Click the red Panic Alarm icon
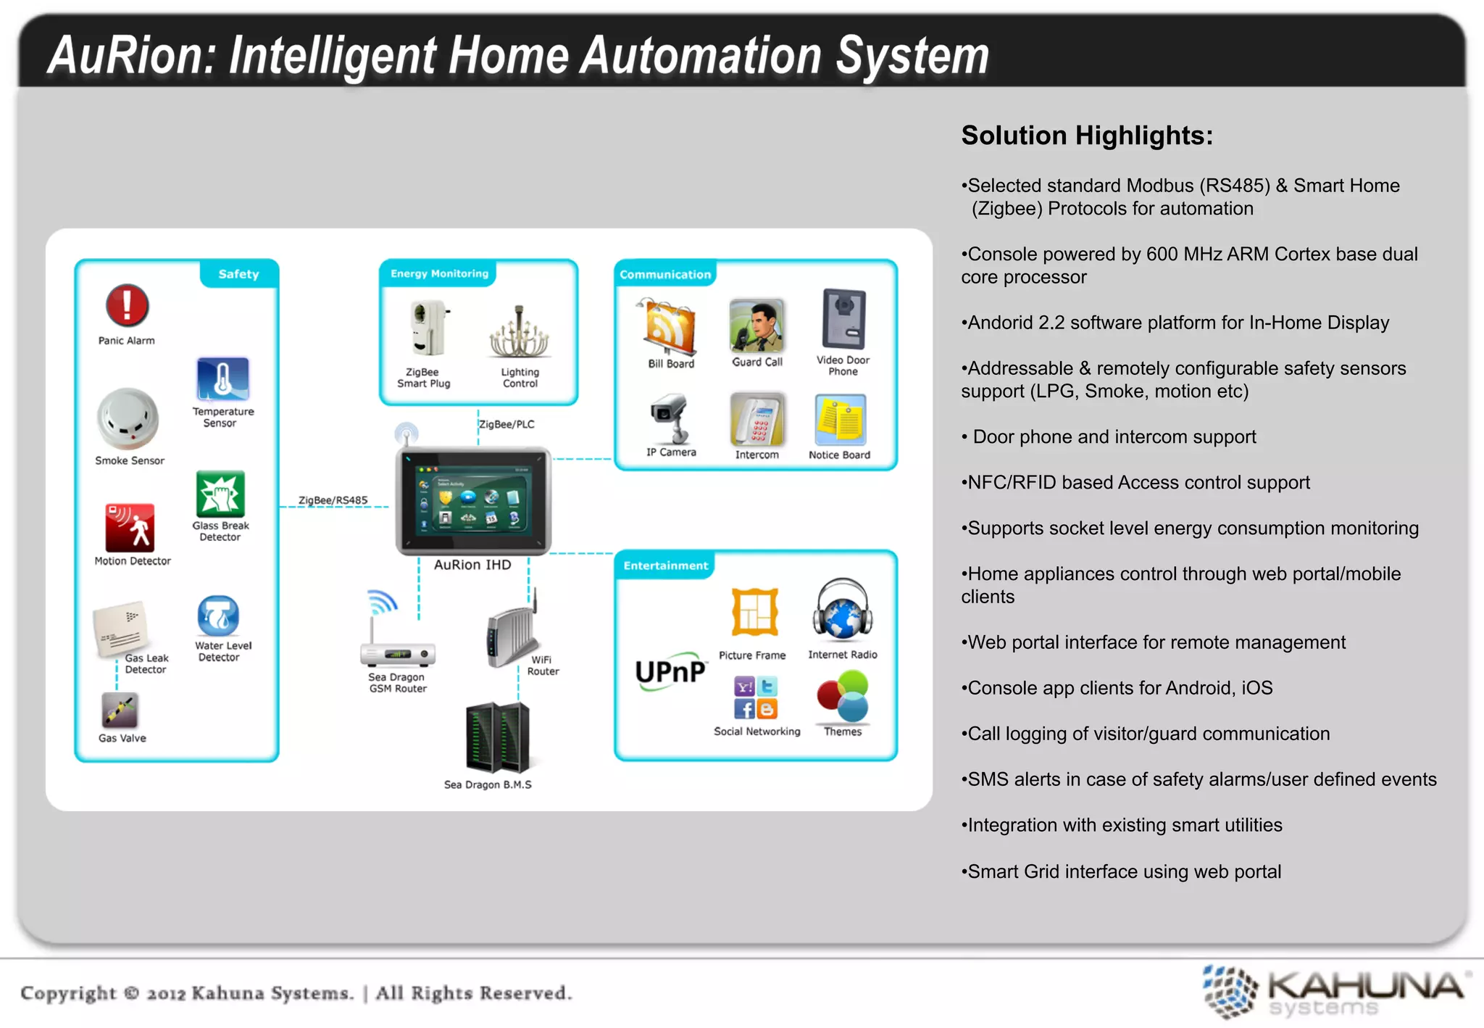[x=128, y=305]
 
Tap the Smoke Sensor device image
[x=128, y=419]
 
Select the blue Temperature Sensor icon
[x=222, y=378]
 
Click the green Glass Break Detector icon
[x=220, y=494]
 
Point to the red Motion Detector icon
[x=130, y=528]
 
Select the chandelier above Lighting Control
[x=519, y=333]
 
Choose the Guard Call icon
[x=756, y=326]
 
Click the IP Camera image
[x=671, y=418]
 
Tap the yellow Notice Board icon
[x=840, y=420]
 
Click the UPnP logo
[x=670, y=671]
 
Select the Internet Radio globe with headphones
[x=842, y=611]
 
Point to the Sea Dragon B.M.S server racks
[x=497, y=738]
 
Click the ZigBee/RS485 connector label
[x=333, y=500]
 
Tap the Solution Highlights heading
[x=1086, y=136]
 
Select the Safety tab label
[x=238, y=274]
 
